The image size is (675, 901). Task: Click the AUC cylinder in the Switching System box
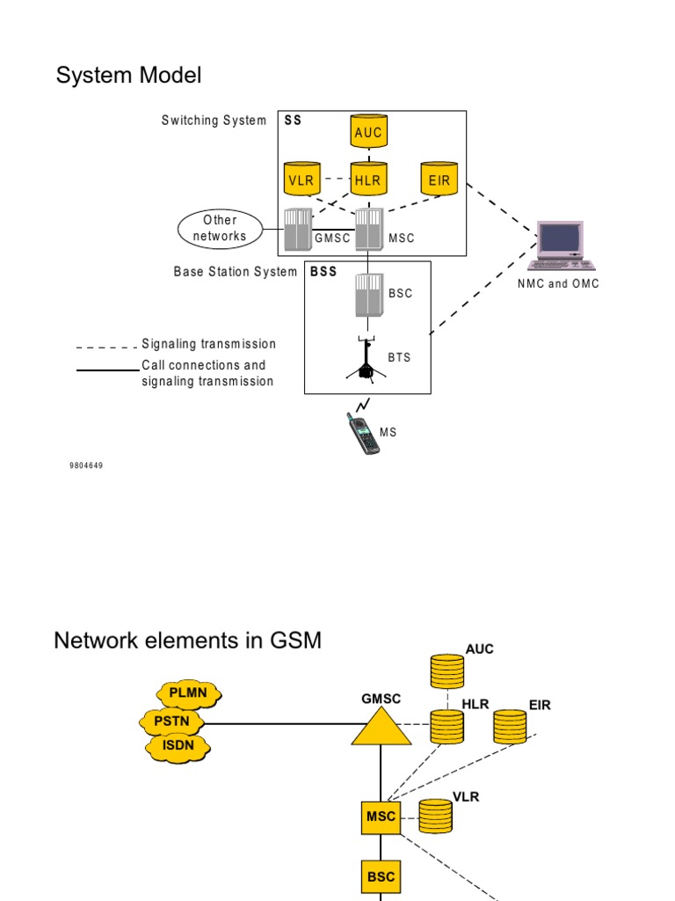(x=368, y=133)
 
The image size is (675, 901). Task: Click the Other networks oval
(x=220, y=229)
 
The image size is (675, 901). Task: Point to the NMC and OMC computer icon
(x=562, y=245)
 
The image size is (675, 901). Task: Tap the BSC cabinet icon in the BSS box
(x=369, y=294)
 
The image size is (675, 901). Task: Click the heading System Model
(x=128, y=76)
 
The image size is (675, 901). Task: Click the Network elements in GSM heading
(x=187, y=641)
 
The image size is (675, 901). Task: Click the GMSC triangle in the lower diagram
(x=380, y=727)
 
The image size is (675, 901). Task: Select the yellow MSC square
(x=381, y=817)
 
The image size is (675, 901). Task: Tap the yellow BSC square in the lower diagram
(x=381, y=877)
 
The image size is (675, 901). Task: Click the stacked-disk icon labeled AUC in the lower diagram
(x=446, y=672)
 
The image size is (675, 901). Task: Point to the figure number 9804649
(x=86, y=465)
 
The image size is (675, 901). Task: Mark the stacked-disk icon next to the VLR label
(x=434, y=816)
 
